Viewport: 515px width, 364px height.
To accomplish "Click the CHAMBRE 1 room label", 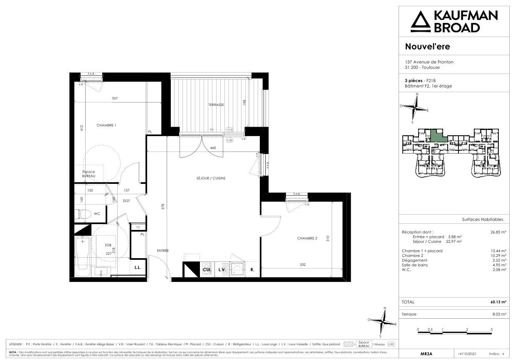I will [106, 125].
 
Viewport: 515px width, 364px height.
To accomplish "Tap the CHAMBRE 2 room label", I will [307, 238].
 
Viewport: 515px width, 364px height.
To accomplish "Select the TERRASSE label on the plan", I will [216, 105].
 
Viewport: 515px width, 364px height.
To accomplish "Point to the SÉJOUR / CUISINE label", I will [211, 178].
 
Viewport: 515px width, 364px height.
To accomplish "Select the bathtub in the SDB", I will [82, 256].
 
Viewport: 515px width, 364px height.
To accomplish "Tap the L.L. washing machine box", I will [138, 268].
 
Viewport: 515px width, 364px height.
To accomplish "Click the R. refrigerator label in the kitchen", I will [252, 269].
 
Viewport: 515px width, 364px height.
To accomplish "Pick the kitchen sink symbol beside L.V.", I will [237, 269].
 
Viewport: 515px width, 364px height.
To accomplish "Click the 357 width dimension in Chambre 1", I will [115, 98].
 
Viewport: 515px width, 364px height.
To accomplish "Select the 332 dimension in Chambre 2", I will [302, 264].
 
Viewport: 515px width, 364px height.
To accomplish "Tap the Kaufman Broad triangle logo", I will [420, 22].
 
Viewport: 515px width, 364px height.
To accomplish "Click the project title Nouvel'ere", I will [427, 46].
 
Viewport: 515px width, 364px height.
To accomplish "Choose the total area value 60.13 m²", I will [498, 302].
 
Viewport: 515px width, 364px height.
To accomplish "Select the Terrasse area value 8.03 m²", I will [499, 315].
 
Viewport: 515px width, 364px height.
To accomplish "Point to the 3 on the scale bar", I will [491, 330].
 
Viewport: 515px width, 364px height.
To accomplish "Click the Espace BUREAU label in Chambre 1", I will [89, 174].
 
